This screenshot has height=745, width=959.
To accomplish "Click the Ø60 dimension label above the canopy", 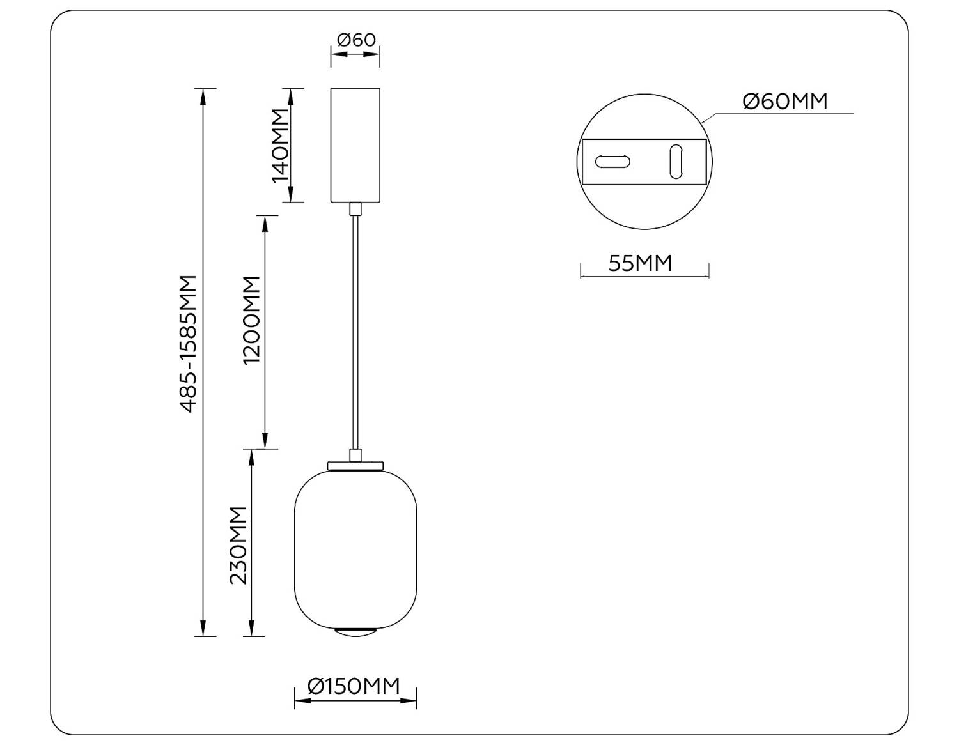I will click(x=355, y=40).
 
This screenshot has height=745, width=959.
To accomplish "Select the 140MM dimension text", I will click(x=281, y=146).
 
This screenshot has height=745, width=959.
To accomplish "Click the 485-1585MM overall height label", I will click(x=188, y=344).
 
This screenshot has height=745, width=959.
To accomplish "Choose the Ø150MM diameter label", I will click(x=354, y=686).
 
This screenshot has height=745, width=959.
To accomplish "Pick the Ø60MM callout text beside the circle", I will click(x=785, y=102).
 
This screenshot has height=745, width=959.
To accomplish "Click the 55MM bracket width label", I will click(x=640, y=263).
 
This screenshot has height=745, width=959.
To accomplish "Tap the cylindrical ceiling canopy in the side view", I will click(x=355, y=145).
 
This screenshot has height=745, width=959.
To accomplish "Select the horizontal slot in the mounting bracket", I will click(x=612, y=162).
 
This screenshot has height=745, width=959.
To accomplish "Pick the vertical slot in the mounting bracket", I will click(x=676, y=162).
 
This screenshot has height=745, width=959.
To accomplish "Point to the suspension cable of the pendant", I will click(x=355, y=332).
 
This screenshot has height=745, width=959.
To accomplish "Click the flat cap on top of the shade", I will click(x=355, y=465).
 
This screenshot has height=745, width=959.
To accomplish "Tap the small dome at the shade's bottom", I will click(x=355, y=632).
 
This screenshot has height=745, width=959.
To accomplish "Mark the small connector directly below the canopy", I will click(x=355, y=209).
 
